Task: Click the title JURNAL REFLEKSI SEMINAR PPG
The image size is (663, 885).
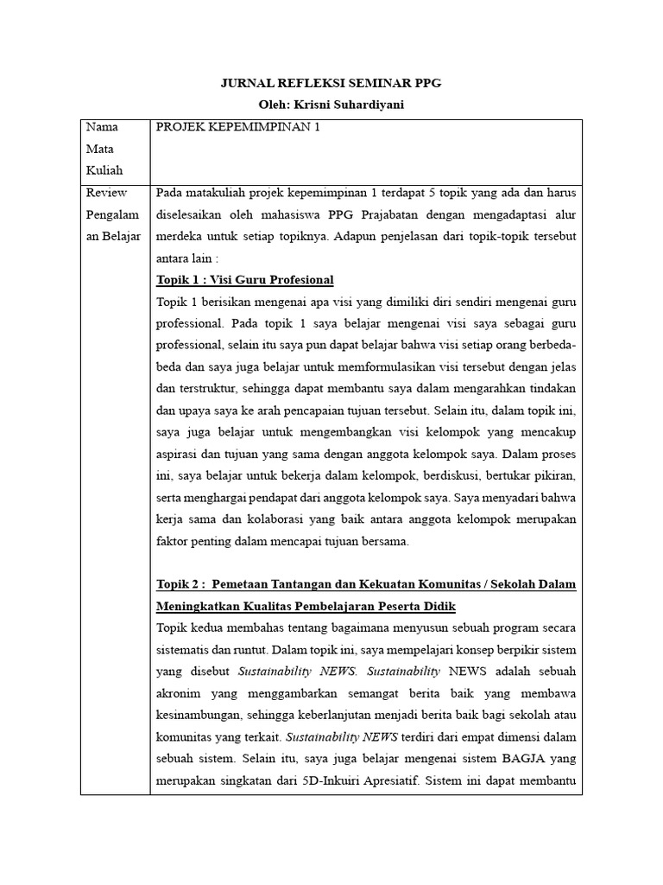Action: (x=331, y=83)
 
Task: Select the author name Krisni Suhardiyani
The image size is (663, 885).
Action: (x=357, y=105)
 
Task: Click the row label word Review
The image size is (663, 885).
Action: (x=105, y=193)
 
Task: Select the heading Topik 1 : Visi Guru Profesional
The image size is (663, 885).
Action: (x=244, y=280)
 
